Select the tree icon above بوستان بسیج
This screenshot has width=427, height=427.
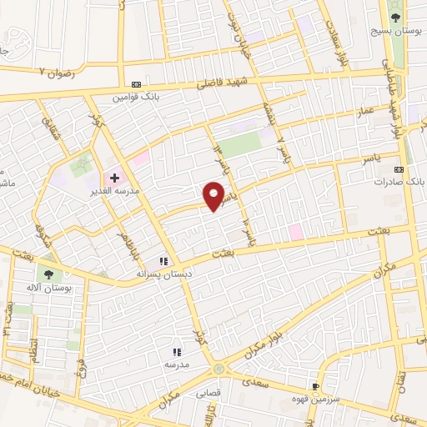[396, 17]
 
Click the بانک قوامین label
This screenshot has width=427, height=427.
[137, 97]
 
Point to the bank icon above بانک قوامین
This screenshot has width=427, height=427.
[137, 84]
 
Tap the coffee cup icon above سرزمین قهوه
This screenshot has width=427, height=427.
[316, 386]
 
